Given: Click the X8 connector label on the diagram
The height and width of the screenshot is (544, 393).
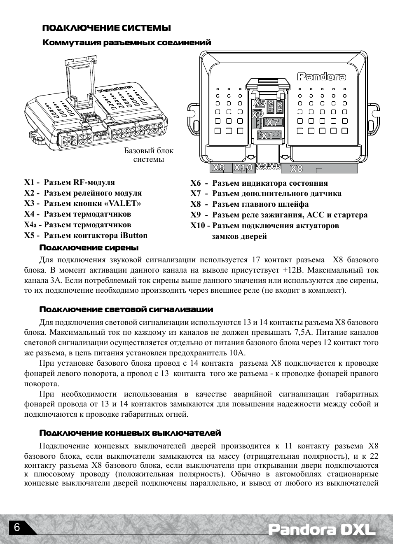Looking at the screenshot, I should pyautogui.click(x=297, y=168).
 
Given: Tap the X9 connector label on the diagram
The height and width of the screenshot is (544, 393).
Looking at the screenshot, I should pyautogui.click(x=219, y=168).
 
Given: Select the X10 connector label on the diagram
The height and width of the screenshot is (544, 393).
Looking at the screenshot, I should pyautogui.click(x=243, y=168).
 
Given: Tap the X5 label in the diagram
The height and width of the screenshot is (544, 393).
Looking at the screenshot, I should pyautogui.click(x=259, y=103).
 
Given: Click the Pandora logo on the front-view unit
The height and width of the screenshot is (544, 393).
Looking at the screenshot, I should pyautogui.click(x=321, y=77).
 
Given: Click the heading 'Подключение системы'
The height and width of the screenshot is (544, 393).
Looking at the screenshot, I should pyautogui.click(x=107, y=28).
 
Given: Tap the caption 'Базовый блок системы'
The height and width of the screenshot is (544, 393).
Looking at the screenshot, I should pyautogui.click(x=149, y=155).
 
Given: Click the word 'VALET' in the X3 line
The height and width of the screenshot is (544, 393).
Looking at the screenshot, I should pyautogui.click(x=126, y=203).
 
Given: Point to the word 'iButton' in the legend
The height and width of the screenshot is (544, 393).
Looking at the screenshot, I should pyautogui.click(x=133, y=236).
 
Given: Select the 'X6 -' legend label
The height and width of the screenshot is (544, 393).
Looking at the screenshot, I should pyautogui.click(x=199, y=183).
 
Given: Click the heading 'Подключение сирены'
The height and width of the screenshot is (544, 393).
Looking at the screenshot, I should pyautogui.click(x=89, y=248).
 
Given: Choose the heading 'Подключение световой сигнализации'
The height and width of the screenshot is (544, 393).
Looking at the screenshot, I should pyautogui.click(x=126, y=310).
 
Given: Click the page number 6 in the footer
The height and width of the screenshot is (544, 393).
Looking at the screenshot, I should pyautogui.click(x=16, y=528).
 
